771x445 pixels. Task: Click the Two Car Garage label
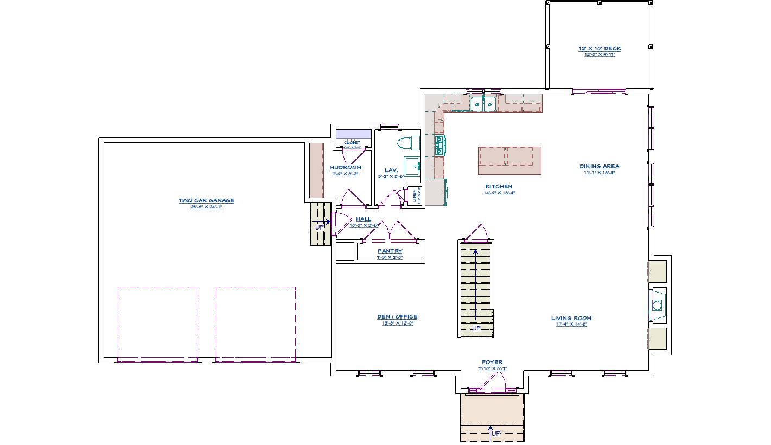tap(206, 201)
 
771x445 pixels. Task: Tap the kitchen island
tap(509, 160)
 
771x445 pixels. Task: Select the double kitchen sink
tap(482, 103)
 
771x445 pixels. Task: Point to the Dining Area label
tap(599, 167)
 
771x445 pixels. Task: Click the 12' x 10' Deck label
tap(599, 49)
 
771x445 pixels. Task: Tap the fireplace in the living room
tap(658, 305)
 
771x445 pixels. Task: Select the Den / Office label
tap(397, 317)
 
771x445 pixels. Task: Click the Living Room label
tap(571, 319)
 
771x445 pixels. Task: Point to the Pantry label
tap(390, 251)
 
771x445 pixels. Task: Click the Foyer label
tap(492, 363)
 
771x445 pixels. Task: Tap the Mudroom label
tap(345, 168)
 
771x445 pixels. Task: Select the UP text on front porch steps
tap(495, 434)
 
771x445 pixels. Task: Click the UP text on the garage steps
tap(320, 227)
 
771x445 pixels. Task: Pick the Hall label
tap(364, 219)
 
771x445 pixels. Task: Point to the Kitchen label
tap(499, 187)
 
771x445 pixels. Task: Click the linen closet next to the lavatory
tap(415, 195)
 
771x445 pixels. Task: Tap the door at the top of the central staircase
tap(476, 233)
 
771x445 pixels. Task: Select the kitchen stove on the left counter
tap(439, 145)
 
